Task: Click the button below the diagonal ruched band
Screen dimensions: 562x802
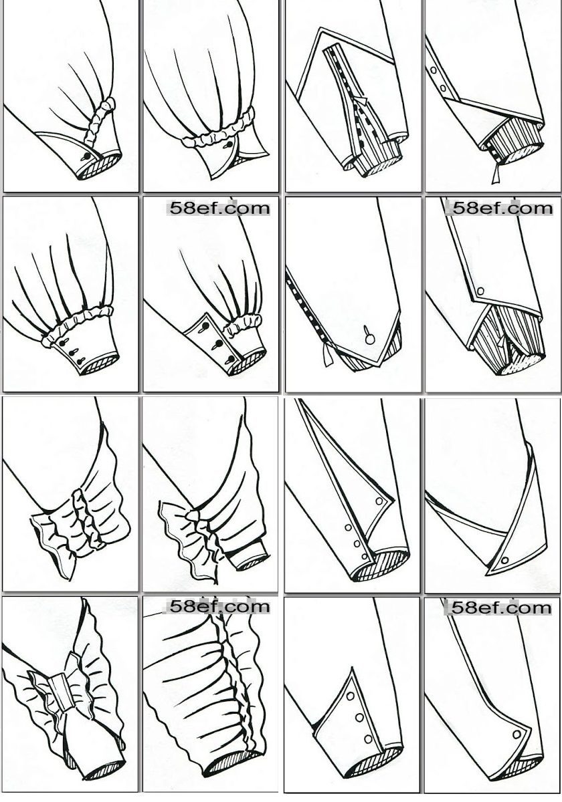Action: click(87, 156)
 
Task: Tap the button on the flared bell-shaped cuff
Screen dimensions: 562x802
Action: click(229, 145)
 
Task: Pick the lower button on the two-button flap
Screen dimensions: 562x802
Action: click(443, 88)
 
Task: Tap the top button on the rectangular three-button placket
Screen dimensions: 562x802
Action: click(205, 326)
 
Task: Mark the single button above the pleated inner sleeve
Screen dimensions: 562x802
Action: click(481, 290)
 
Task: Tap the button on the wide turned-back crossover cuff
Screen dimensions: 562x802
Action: click(505, 560)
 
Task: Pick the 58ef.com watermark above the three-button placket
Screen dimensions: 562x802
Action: click(219, 208)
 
